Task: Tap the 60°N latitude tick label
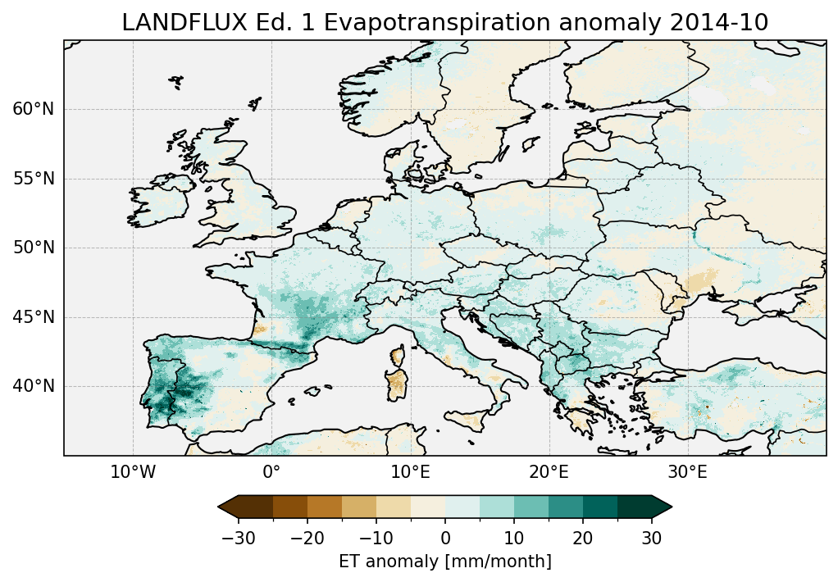pyautogui.click(x=34, y=109)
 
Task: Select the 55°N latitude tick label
pyautogui.click(x=34, y=179)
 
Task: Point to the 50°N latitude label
pyautogui.click(x=34, y=248)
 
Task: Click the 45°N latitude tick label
pyautogui.click(x=34, y=317)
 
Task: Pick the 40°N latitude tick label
pyautogui.click(x=34, y=386)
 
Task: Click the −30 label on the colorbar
pyautogui.click(x=238, y=538)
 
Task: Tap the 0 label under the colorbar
pyautogui.click(x=445, y=538)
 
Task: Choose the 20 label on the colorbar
pyautogui.click(x=583, y=538)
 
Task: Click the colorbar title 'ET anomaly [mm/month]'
pyautogui.click(x=445, y=562)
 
